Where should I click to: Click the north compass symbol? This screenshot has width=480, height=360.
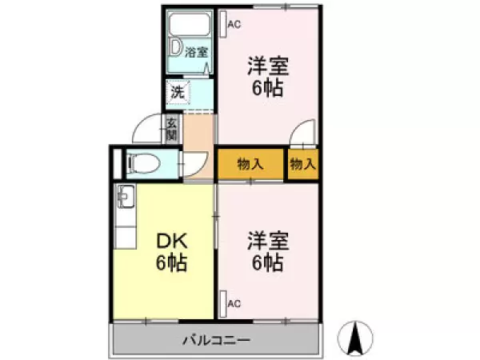click(x=355, y=338)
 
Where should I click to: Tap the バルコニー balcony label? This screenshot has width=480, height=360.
click(x=217, y=340)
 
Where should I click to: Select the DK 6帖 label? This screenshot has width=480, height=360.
click(x=171, y=252)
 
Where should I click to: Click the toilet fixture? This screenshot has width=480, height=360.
click(x=144, y=163)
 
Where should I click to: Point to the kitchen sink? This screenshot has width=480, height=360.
click(x=126, y=197)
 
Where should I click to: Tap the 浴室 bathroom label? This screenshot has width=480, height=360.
click(x=196, y=52)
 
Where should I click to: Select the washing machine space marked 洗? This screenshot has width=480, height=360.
click(x=178, y=93)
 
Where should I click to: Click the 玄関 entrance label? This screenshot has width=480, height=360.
click(x=172, y=128)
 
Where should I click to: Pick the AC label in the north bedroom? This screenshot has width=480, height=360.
click(x=234, y=25)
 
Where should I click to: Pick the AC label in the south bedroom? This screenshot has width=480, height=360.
click(x=234, y=304)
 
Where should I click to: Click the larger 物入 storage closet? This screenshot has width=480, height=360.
click(x=250, y=164)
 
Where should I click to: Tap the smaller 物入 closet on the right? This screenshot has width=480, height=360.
click(x=302, y=164)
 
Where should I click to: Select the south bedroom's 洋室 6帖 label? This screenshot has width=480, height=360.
click(x=267, y=252)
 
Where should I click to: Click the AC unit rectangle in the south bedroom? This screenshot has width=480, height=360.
click(x=223, y=304)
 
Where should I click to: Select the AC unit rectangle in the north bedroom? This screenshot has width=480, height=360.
click(x=223, y=24)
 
